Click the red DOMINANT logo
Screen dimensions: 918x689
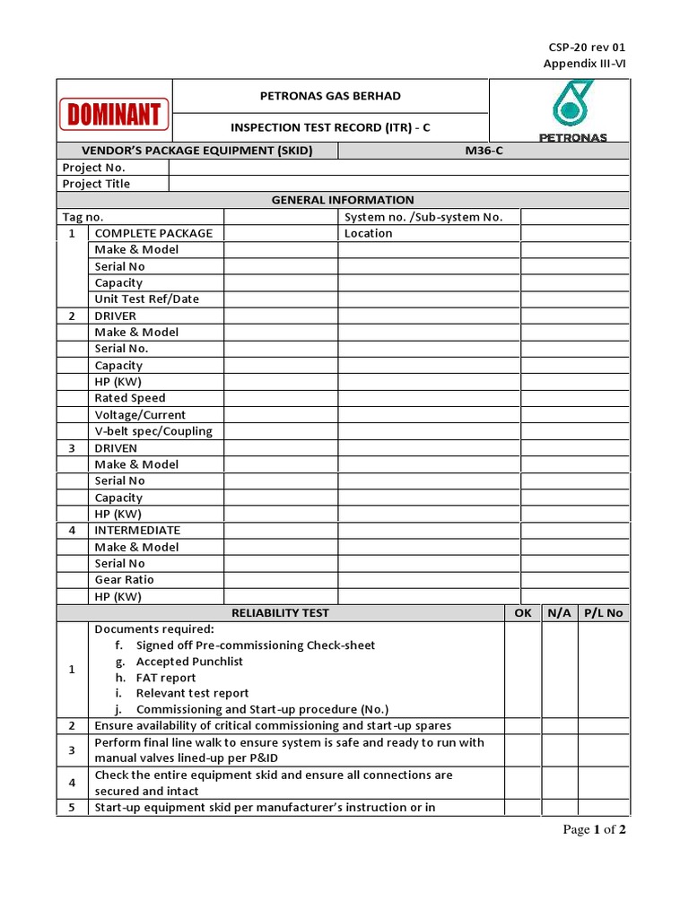[x=114, y=115]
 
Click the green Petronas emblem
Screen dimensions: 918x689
[x=572, y=104]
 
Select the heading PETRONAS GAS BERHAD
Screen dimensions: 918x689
[x=330, y=96]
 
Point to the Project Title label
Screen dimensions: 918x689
[x=96, y=184]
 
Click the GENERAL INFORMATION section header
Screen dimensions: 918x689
[x=343, y=200]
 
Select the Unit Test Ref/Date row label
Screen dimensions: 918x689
[x=147, y=299]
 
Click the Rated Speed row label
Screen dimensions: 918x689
[x=130, y=398]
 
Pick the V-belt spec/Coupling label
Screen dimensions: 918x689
[x=153, y=431]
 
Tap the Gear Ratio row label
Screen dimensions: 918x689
[x=125, y=580]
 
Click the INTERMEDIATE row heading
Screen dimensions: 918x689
[x=137, y=531]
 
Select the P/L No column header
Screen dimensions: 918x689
[x=603, y=613]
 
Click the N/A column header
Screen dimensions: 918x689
[x=559, y=613]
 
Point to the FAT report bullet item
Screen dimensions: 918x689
[x=166, y=678]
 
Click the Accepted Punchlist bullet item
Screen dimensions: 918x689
[x=189, y=662]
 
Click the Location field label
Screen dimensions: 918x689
[x=368, y=233]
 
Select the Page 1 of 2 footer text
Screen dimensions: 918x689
[x=594, y=829]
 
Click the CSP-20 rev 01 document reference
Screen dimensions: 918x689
[x=587, y=47]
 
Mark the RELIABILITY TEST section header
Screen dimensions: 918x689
[x=280, y=613]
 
